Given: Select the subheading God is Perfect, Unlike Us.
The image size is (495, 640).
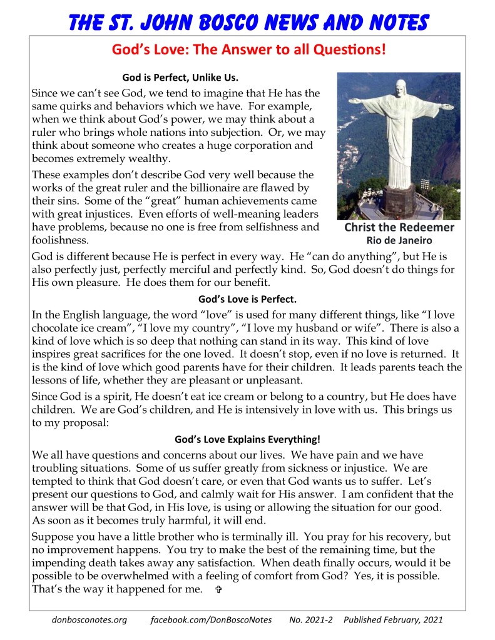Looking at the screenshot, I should pyautogui.click(x=180, y=78).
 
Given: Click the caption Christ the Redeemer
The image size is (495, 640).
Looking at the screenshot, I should pyautogui.click(x=399, y=227).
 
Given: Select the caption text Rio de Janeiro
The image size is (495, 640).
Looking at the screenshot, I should pyautogui.click(x=399, y=240).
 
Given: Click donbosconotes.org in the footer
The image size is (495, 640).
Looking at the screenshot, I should pyautogui.click(x=89, y=620).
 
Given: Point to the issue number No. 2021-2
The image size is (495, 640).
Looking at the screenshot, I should pyautogui.click(x=310, y=620).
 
